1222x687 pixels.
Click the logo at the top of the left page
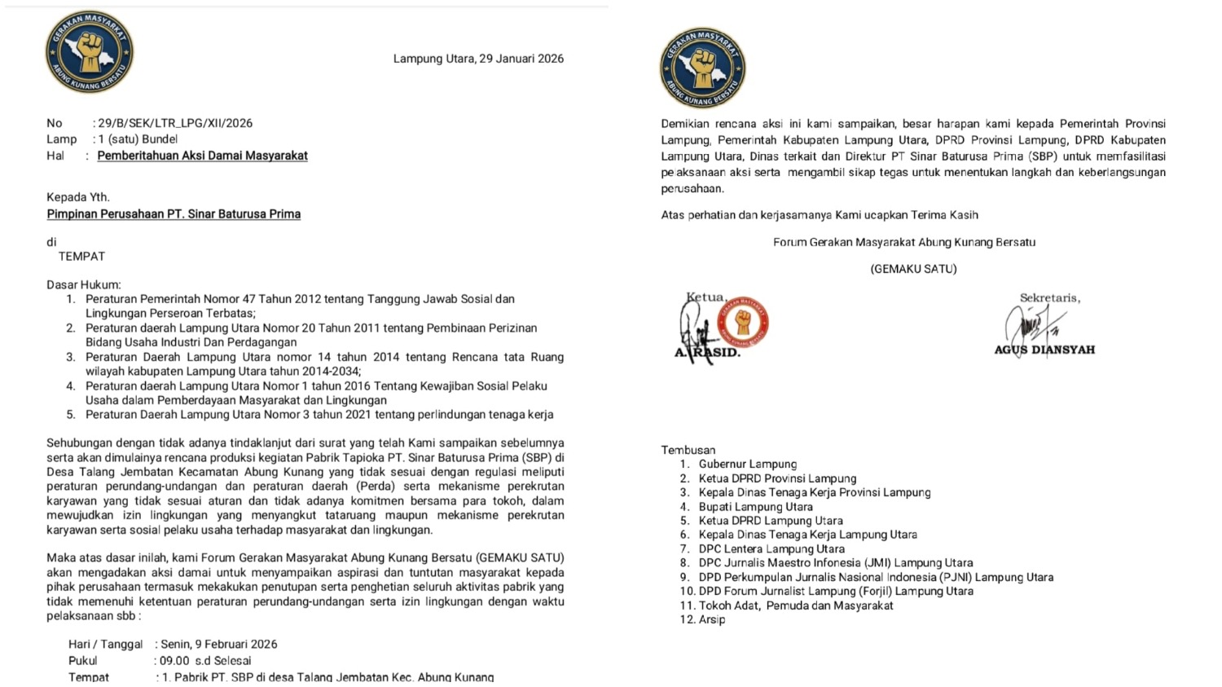(90, 51)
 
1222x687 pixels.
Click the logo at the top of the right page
(702, 68)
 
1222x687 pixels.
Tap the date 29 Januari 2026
(521, 59)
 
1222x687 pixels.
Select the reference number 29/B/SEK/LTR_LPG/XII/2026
(175, 123)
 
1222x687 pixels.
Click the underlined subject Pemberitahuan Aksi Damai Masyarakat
(202, 156)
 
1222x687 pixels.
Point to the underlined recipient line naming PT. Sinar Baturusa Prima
(174, 214)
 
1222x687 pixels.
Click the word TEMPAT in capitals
(81, 257)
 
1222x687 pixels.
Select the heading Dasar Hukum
(83, 285)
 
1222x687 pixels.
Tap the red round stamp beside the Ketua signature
(743, 322)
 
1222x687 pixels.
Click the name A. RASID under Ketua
(707, 353)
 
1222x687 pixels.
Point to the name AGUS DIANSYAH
(1044, 350)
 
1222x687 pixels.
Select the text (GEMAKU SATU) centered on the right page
(913, 269)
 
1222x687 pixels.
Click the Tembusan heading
(688, 450)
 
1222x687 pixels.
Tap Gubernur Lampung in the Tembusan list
(748, 465)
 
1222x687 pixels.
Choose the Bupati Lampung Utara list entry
(755, 507)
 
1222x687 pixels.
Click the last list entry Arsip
(712, 619)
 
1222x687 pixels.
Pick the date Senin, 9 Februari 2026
(219, 644)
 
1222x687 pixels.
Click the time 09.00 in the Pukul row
(174, 661)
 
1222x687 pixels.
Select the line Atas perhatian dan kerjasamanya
(820, 215)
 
